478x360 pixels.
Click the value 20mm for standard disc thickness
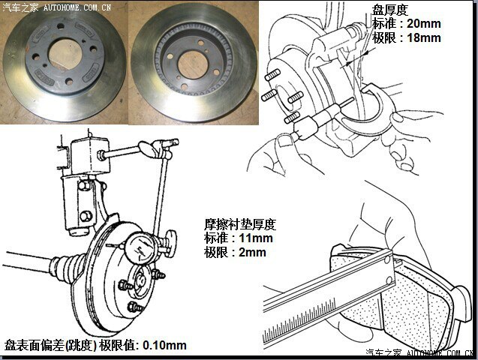[x=424, y=24]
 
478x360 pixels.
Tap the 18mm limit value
[x=424, y=38]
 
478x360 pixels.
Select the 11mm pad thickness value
[x=256, y=238]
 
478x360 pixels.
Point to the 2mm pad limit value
[x=252, y=253]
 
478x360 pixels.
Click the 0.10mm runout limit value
[x=164, y=346]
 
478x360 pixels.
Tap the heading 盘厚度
[x=390, y=10]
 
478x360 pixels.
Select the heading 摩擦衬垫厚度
[x=240, y=225]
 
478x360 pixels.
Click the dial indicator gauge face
[x=141, y=248]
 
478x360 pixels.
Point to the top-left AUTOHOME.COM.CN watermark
[x=77, y=7]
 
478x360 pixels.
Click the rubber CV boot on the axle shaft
[x=68, y=265]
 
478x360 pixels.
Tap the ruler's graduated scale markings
[x=300, y=319]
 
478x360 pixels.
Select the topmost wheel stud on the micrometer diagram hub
[x=272, y=74]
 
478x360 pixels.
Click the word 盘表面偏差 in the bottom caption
[x=34, y=346]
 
